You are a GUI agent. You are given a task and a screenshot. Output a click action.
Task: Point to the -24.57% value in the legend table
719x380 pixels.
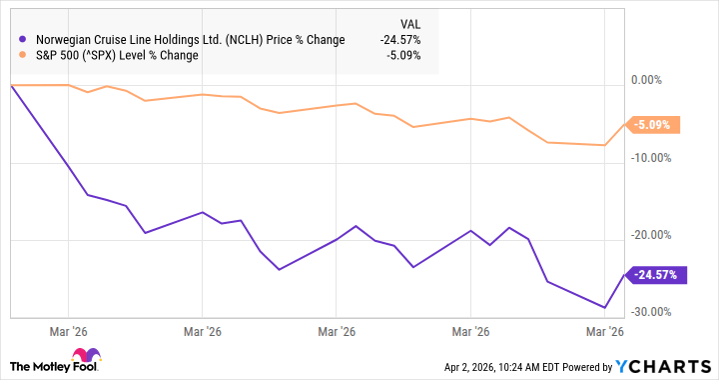point(398,40)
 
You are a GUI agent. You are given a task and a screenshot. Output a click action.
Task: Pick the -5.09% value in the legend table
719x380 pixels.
point(401,55)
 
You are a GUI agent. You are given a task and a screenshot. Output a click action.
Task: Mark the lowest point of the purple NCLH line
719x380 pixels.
point(604,307)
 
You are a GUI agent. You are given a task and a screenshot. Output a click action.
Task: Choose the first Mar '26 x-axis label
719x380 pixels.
point(68,331)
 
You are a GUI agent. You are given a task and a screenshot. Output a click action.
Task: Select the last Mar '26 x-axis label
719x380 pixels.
point(604,331)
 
